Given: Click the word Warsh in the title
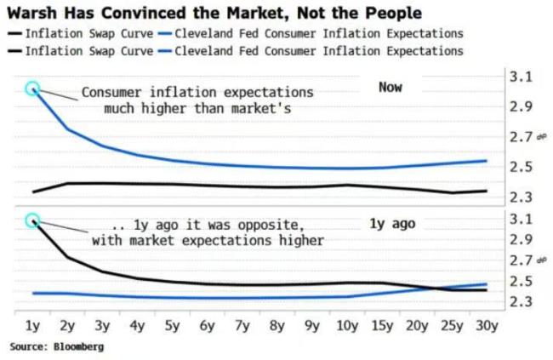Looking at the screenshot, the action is point(32,13).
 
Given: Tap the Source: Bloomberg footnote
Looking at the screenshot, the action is point(57,346).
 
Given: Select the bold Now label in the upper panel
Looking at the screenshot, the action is point(391,87).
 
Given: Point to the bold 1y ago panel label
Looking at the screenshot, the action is point(392,224).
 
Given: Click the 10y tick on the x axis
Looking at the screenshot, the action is point(347,326).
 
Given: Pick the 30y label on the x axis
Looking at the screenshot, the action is point(487,326).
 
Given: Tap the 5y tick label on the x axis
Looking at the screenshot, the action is point(172,326).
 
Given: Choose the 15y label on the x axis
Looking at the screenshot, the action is point(382,326).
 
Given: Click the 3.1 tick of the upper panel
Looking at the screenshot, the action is point(521,77).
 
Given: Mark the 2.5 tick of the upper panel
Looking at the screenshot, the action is point(521,167).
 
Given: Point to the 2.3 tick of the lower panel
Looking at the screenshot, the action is point(521,302).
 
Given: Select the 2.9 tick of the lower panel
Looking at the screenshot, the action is point(521,240).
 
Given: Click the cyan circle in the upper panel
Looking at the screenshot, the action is point(32,81).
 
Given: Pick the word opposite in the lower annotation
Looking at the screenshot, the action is point(268,226).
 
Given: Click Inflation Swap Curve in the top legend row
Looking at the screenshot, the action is point(88,33).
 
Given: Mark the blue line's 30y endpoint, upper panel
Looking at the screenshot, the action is point(487,161).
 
